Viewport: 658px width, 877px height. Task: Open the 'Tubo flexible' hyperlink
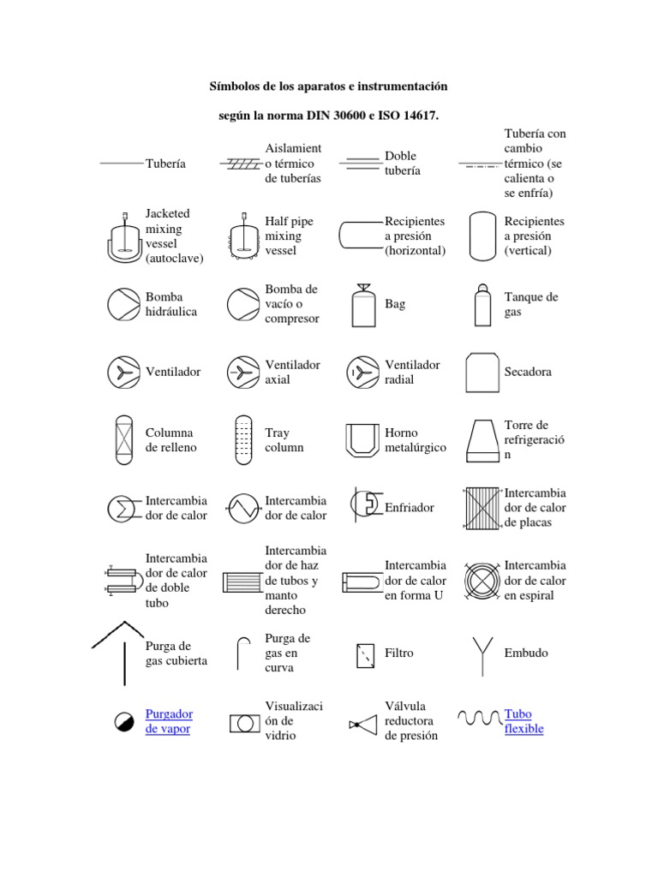pos(524,721)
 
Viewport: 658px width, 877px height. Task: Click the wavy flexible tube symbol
pos(480,716)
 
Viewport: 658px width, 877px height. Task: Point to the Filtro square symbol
pos(365,654)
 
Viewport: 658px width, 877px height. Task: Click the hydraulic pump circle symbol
pos(123,305)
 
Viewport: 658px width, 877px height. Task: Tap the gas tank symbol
pos(482,304)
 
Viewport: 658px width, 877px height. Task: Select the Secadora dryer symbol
pos(482,373)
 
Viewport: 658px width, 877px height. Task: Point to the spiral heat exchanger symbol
pos(482,581)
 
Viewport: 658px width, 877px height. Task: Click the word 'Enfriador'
pos(410,508)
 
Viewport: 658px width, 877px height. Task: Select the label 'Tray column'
pos(284,440)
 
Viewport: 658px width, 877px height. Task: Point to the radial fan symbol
pos(363,373)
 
